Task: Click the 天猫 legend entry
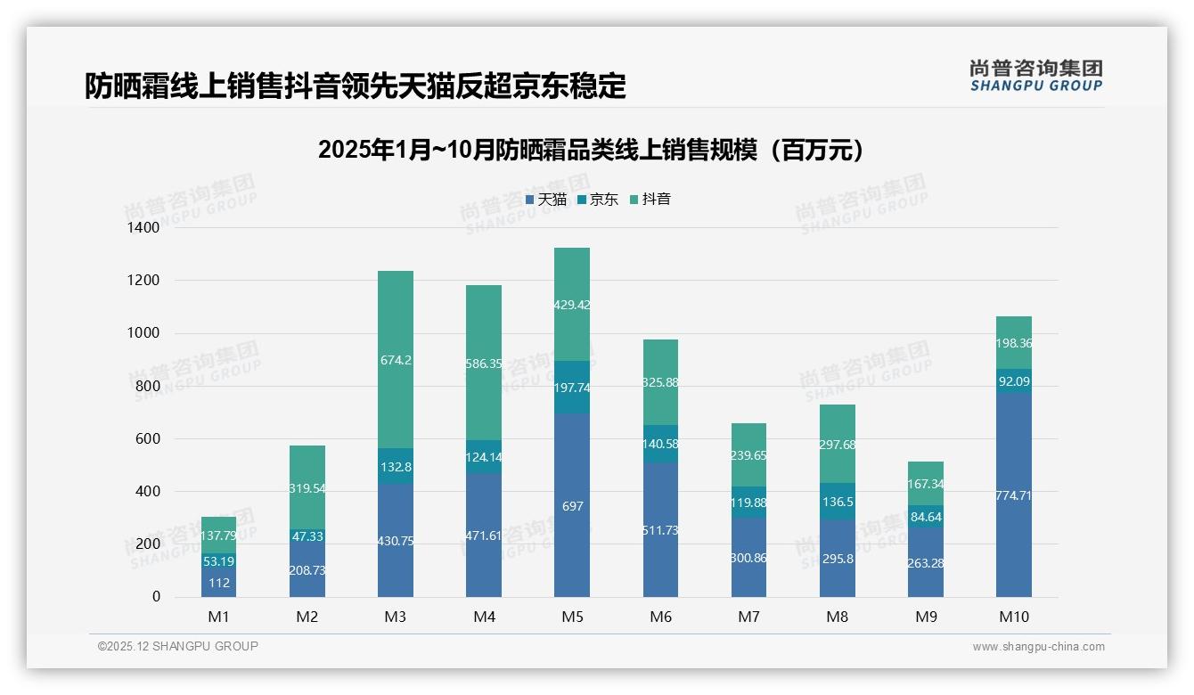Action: click(545, 200)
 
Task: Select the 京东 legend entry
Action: click(598, 200)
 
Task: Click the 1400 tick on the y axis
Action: click(143, 228)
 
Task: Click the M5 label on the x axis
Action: click(572, 617)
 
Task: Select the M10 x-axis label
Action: click(1014, 617)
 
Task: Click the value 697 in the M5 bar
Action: click(572, 506)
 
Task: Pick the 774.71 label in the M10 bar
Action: click(1014, 495)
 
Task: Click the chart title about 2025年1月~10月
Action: click(591, 150)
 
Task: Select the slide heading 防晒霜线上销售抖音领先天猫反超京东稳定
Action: click(356, 86)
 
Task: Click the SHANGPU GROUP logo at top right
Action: click(1035, 76)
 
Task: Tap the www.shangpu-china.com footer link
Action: click(1038, 647)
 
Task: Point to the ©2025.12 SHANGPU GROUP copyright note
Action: click(178, 646)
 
